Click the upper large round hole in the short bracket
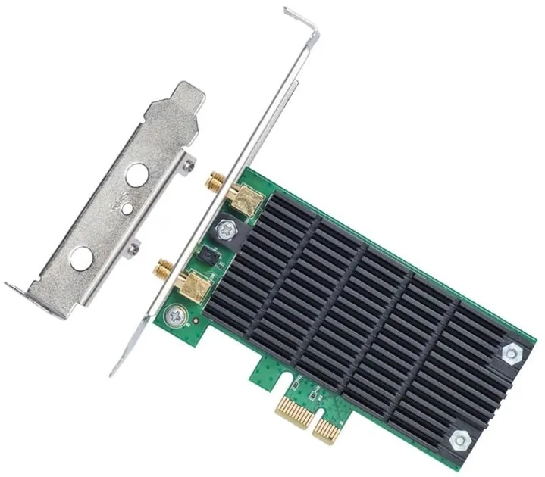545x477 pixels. (136, 175)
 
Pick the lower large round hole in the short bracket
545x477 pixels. (81, 258)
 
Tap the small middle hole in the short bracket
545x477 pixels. (127, 207)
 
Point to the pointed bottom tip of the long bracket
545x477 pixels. (114, 371)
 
